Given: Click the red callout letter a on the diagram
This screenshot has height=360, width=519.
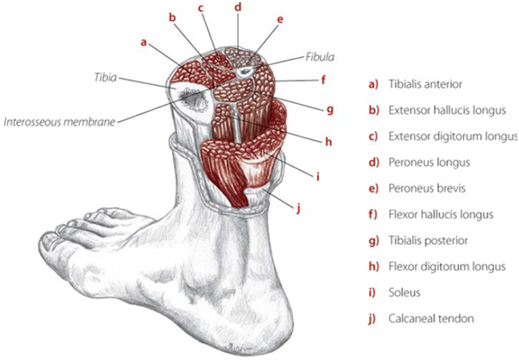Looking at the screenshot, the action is [x=143, y=43].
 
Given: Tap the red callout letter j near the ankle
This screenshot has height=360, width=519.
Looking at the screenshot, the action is [x=298, y=208].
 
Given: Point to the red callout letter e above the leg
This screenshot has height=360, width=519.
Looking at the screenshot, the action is [x=280, y=20].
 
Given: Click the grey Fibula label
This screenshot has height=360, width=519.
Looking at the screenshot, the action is [x=320, y=57].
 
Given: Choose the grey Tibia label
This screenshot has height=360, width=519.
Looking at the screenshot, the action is [x=105, y=77].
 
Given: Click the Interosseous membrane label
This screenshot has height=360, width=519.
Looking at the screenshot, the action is [x=59, y=122].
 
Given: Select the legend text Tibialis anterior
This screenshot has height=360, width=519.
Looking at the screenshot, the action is [x=425, y=84].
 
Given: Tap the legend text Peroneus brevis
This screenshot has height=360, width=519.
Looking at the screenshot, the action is [x=427, y=188].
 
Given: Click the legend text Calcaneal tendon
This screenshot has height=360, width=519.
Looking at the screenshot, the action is [x=431, y=319].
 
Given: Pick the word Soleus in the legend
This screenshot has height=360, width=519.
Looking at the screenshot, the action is [x=405, y=292].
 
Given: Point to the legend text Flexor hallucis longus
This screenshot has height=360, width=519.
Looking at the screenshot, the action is [x=441, y=215].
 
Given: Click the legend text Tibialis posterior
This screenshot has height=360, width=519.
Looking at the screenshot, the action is [x=428, y=241].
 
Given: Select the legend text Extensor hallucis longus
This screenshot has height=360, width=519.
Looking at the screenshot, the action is [x=447, y=110].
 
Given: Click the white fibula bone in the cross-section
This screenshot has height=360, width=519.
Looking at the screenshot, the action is [x=245, y=70].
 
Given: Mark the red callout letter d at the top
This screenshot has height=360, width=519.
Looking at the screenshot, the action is [x=238, y=7].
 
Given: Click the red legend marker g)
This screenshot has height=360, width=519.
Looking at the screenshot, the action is [x=374, y=241].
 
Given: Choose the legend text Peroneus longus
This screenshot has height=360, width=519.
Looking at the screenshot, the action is [x=430, y=162].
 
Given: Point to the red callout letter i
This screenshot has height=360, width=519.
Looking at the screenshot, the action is [x=318, y=177].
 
